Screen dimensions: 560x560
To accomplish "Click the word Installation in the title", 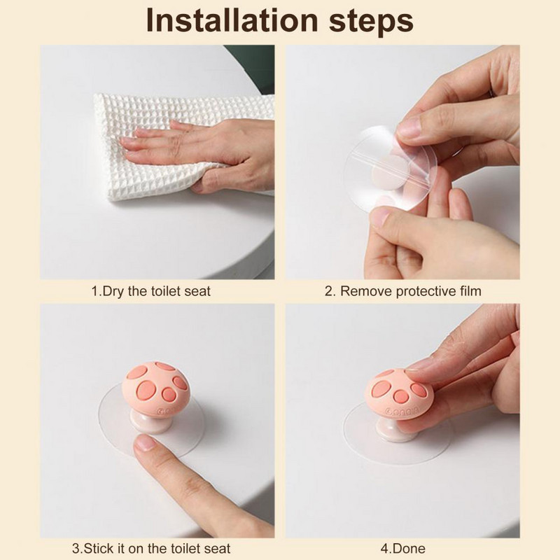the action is (232, 20).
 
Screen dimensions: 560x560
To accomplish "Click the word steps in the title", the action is (371, 22).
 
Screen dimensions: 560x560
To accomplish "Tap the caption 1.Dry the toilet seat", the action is (150, 291).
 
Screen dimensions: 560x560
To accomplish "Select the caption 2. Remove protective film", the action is (403, 291).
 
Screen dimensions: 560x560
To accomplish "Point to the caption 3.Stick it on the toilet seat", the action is (151, 548).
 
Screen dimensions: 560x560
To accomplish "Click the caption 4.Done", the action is (403, 548).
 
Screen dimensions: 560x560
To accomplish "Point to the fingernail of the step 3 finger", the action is (146, 443).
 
